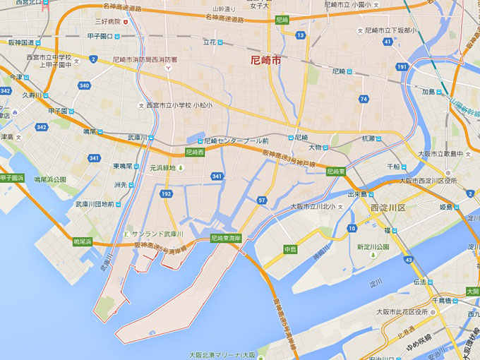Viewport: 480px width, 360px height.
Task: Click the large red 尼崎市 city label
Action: coord(265,61)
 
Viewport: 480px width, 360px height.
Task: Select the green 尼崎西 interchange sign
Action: coord(195,152)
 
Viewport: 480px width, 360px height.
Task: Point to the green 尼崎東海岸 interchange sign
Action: coord(227,239)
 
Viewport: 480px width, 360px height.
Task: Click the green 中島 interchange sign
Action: coord(290,248)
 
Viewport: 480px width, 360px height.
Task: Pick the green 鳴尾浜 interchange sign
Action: coord(83,241)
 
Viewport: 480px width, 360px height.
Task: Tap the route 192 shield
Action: coord(166,193)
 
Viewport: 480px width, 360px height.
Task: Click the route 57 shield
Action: coord(262,200)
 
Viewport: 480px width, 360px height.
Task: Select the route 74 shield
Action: coord(363,99)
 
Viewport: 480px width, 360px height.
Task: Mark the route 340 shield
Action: coord(85,85)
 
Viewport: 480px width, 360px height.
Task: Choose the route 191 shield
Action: coord(402,67)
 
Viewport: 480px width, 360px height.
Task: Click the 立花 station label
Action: coord(210,42)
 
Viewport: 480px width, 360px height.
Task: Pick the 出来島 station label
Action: coord(359,193)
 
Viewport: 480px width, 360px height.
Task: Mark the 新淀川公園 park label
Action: coord(373,247)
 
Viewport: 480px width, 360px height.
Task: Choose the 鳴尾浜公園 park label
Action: coord(49,180)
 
